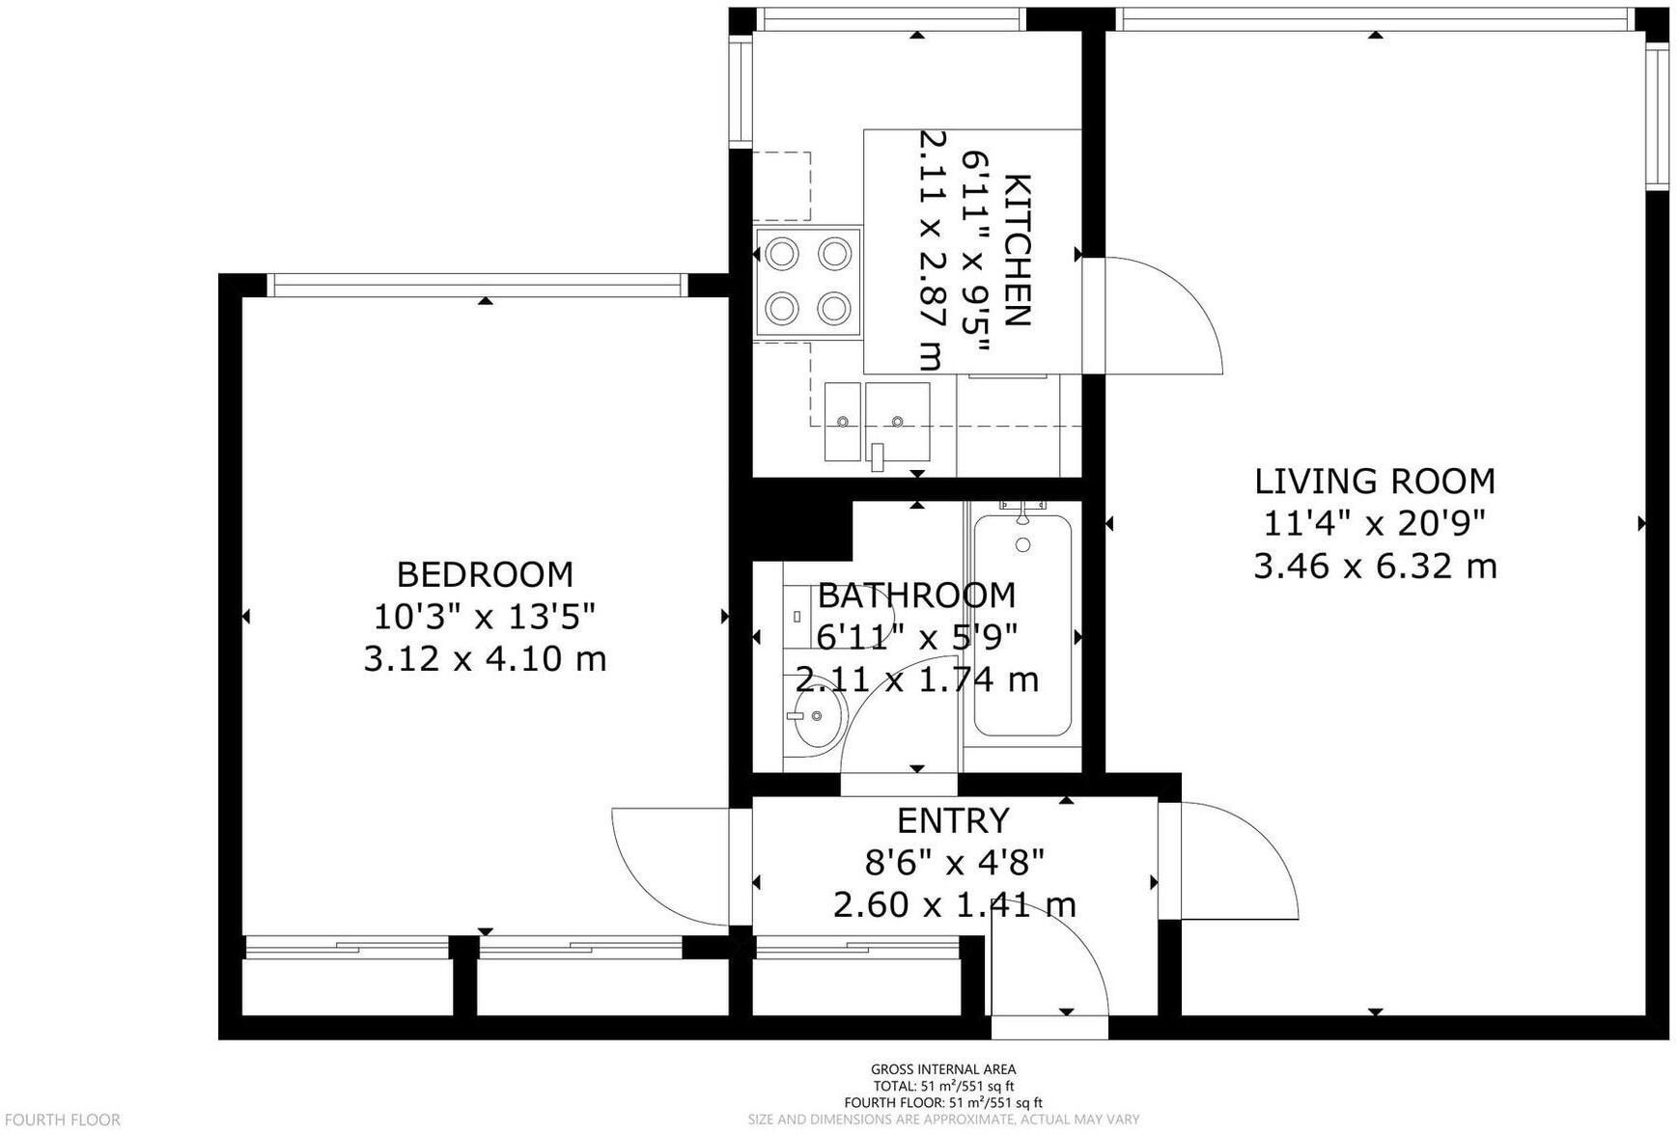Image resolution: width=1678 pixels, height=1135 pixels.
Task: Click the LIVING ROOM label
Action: click(x=1375, y=481)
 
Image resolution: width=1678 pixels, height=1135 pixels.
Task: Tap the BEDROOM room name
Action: click(x=485, y=574)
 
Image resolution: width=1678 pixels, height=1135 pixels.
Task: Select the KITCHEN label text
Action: click(x=1019, y=251)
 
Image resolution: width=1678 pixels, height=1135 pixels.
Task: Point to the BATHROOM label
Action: click(x=916, y=595)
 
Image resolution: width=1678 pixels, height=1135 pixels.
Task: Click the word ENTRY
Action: click(x=953, y=820)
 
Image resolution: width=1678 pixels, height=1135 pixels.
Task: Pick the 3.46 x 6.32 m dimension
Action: click(x=1375, y=566)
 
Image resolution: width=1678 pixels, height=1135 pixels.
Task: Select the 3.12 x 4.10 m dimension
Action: click(x=485, y=659)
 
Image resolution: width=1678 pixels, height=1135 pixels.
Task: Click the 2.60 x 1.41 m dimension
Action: click(x=954, y=905)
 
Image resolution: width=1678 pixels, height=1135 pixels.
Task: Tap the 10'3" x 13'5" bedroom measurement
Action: click(x=485, y=617)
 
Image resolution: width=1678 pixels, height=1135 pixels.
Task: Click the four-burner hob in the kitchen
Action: click(x=808, y=282)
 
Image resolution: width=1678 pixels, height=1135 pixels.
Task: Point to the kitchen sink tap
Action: click(x=877, y=457)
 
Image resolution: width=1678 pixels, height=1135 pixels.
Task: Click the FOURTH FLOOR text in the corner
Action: click(x=62, y=1120)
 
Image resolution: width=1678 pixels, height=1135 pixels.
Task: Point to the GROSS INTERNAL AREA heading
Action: click(x=943, y=1068)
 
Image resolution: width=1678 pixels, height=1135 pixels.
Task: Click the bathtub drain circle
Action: click(x=1022, y=545)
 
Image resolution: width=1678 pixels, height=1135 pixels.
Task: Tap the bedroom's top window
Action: click(x=477, y=285)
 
